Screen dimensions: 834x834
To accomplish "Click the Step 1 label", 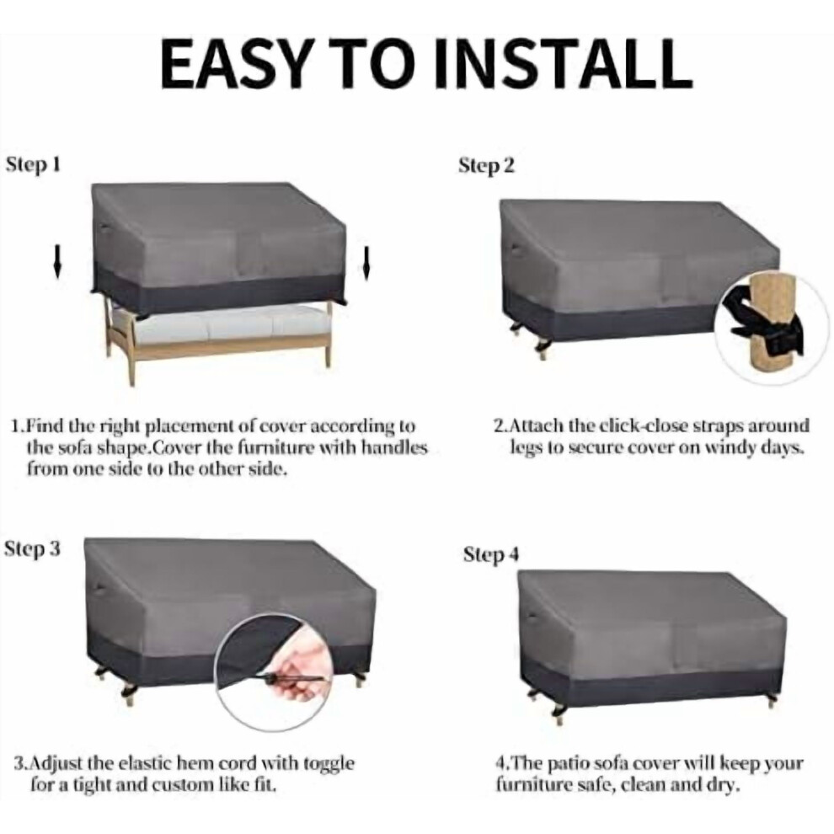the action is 33,165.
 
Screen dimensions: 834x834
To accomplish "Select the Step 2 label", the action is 487,166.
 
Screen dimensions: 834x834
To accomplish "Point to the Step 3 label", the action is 33,548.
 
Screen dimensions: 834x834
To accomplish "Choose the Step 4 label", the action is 490,554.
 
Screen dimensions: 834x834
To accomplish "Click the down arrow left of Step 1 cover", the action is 57,262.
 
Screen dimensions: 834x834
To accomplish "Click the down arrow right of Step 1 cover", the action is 366,263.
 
